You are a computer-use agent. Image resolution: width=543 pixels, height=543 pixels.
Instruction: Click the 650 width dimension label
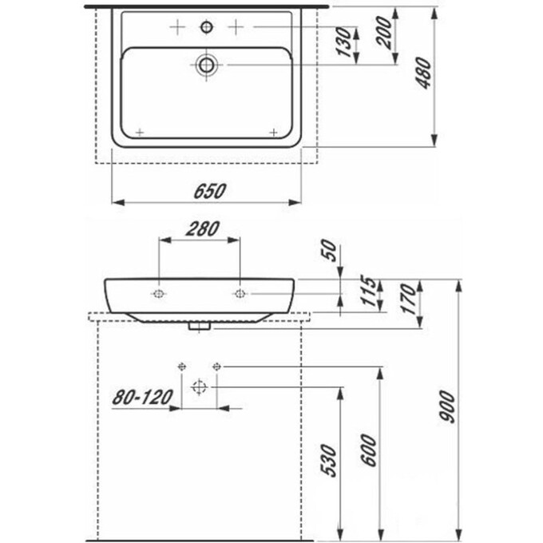[x=210, y=191]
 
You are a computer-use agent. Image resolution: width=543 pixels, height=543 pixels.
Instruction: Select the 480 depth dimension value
[x=424, y=73]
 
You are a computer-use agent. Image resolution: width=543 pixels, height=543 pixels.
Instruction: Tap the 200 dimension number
[x=384, y=32]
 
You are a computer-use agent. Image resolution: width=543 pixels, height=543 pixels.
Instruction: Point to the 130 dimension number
[x=344, y=42]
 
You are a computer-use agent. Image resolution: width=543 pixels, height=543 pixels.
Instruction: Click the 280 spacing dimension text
[x=203, y=229]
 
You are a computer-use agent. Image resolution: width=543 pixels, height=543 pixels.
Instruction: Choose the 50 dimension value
[x=329, y=251]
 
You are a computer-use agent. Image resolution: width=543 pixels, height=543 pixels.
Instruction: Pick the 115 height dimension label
[x=367, y=291]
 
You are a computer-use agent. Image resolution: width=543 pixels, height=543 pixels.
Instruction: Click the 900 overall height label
[x=446, y=406]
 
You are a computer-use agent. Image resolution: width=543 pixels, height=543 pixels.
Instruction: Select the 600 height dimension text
[x=368, y=450]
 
